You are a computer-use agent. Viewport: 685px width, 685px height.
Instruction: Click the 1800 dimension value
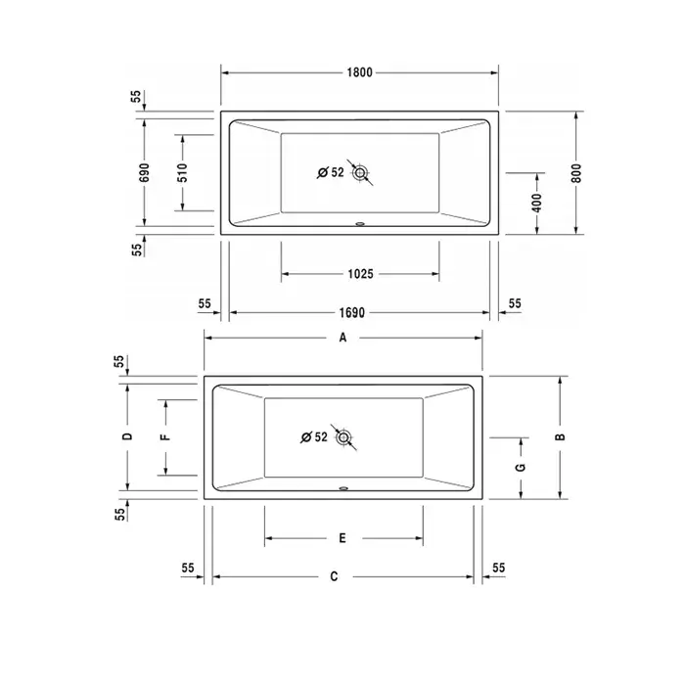(359, 72)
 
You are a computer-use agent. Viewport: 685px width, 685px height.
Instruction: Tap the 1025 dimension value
(360, 274)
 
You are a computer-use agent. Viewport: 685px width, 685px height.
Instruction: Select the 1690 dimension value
(351, 313)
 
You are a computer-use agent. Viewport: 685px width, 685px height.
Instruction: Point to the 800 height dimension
(576, 173)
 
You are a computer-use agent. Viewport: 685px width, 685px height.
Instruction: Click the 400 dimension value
(537, 203)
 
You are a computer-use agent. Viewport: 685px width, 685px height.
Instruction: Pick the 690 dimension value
(144, 172)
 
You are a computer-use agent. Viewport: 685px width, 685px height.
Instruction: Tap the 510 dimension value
(183, 172)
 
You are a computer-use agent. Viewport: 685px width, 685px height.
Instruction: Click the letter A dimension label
(342, 338)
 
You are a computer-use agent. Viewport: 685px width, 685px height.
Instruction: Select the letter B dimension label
(560, 436)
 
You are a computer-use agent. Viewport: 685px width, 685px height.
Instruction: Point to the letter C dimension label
(334, 576)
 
